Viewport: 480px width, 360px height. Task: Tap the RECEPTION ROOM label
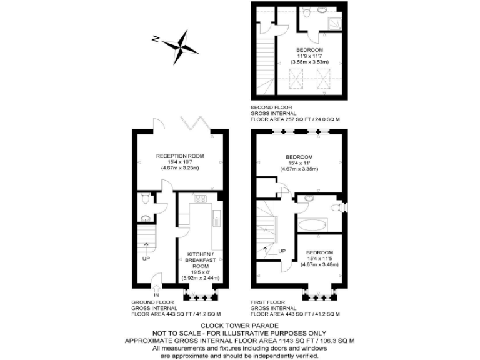click(180, 156)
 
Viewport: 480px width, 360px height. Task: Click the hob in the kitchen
click(201, 199)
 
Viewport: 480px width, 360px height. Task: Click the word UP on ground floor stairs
click(146, 258)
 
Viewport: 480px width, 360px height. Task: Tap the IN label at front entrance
click(157, 295)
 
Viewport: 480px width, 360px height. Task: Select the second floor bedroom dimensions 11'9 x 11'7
click(310, 56)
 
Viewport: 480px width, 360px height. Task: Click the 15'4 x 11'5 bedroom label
click(319, 258)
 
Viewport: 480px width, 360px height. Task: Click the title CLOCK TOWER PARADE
click(240, 326)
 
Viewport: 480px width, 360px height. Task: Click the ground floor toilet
click(144, 199)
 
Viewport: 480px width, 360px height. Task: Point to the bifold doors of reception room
click(195, 124)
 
